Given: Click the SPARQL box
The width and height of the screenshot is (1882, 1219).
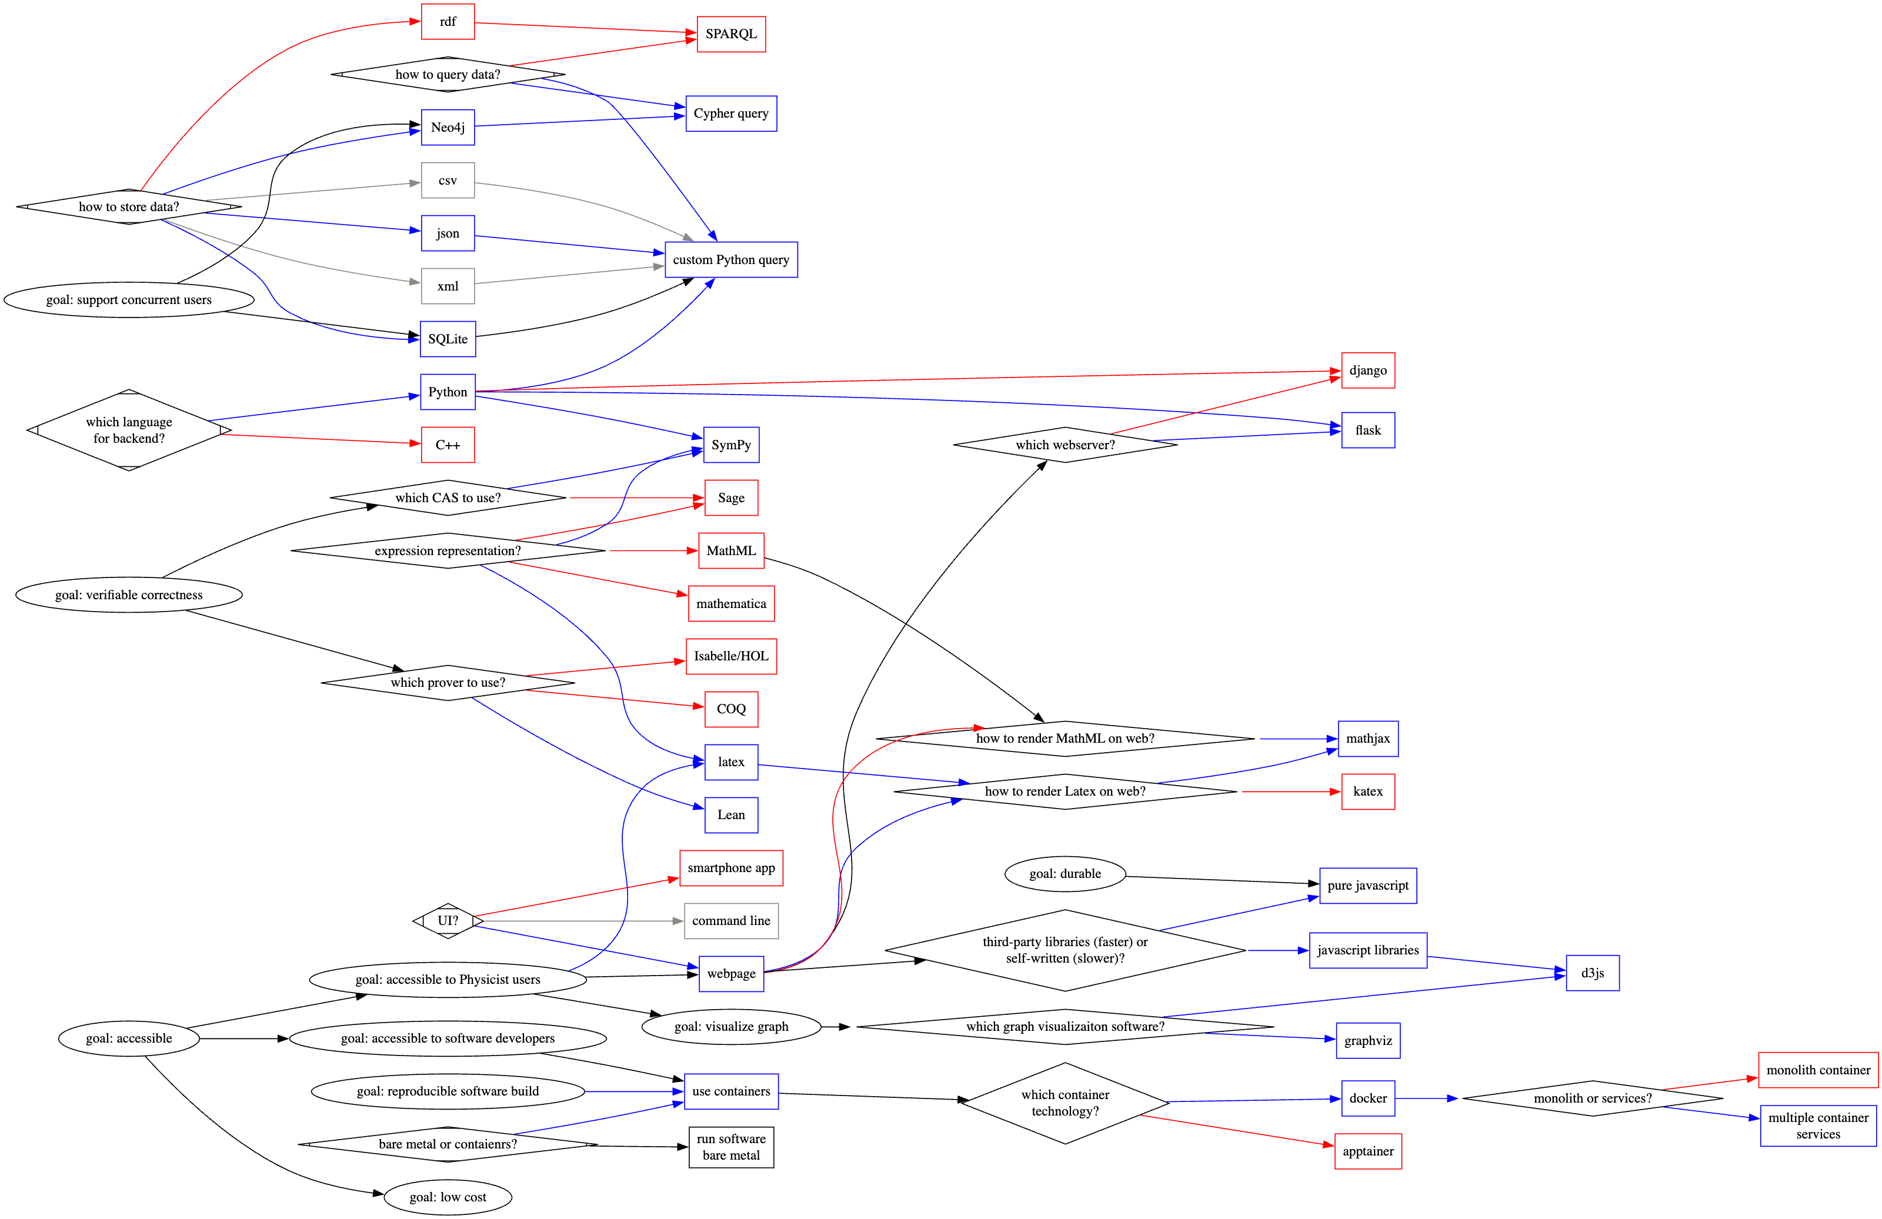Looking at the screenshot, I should [730, 34].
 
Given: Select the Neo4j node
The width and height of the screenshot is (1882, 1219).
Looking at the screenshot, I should [448, 127].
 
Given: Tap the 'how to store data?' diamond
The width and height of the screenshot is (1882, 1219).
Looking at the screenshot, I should [129, 207].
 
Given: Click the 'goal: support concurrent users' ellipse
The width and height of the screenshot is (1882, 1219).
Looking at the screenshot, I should [129, 300].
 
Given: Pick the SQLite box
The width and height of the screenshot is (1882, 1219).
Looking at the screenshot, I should [448, 339].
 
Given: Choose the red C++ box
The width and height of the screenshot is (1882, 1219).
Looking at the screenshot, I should [448, 445].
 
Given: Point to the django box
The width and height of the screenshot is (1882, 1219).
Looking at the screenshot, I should [1367, 371].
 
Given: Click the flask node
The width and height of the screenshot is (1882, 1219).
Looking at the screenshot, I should [1367, 430].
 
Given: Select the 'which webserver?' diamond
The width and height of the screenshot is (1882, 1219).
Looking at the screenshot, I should [1065, 445].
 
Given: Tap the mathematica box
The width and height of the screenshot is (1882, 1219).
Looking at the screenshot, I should [730, 604].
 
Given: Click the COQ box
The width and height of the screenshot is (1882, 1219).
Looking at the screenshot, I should [730, 709].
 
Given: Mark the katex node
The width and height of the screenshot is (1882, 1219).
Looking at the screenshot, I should [1367, 791].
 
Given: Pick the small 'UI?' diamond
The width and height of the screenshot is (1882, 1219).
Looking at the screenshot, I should [448, 921].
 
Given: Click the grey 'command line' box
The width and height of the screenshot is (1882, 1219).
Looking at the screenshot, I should [730, 921].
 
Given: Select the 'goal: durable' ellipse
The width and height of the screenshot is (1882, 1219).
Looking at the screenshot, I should [1065, 874].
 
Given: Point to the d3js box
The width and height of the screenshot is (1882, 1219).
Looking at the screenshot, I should [1592, 973].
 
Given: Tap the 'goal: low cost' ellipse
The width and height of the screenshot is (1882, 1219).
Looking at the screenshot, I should [448, 1197].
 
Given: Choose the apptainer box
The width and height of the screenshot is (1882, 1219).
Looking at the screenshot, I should [1367, 1151].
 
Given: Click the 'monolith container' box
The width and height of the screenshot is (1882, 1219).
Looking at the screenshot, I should [1817, 1070].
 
